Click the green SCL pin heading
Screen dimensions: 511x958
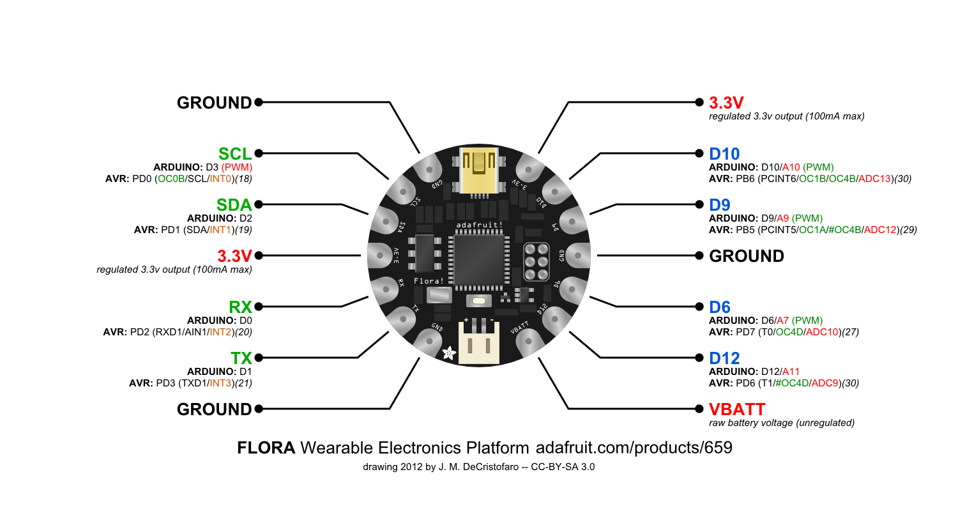pyautogui.click(x=235, y=154)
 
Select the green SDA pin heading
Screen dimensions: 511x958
pyautogui.click(x=234, y=205)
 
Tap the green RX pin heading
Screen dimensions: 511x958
pyautogui.click(x=241, y=307)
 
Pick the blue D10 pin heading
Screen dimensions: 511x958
pyautogui.click(x=724, y=154)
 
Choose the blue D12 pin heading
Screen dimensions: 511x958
pyautogui.click(x=724, y=358)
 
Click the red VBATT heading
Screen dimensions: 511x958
pyautogui.click(x=737, y=409)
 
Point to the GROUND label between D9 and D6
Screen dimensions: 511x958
pyautogui.click(x=747, y=256)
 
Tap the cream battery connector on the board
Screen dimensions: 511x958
pyautogui.click(x=479, y=342)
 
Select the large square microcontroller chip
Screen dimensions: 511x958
pyautogui.click(x=479, y=259)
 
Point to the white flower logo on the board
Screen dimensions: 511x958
pyautogui.click(x=450, y=352)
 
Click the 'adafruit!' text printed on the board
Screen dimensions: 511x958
pyautogui.click(x=479, y=225)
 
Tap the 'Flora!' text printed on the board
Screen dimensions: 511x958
pyautogui.click(x=429, y=281)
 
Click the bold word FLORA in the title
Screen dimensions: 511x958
pyautogui.click(x=266, y=448)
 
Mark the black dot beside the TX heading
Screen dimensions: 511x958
pyautogui.click(x=259, y=358)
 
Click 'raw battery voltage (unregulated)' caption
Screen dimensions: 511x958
pyautogui.click(x=782, y=423)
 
